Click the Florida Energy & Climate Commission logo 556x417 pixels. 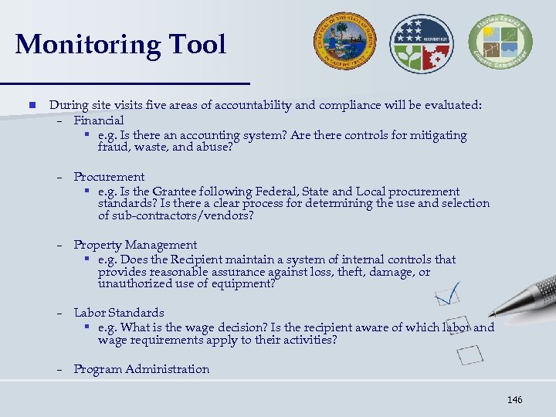click(x=495, y=43)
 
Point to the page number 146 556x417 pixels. click(x=515, y=399)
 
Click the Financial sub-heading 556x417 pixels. click(x=98, y=120)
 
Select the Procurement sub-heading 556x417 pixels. click(x=109, y=177)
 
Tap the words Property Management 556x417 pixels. click(x=135, y=245)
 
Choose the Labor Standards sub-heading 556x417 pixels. click(x=119, y=313)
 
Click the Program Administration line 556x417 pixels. click(x=141, y=369)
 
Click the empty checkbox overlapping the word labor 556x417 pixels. click(x=458, y=325)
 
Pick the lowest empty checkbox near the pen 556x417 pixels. click(x=470, y=354)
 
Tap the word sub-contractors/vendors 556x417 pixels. click(x=175, y=215)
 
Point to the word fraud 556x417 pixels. click(x=114, y=147)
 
